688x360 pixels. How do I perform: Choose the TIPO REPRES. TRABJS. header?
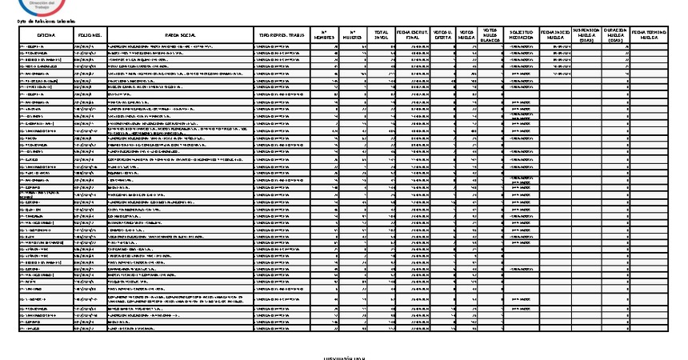[x=280, y=36]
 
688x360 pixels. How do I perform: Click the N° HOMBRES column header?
[x=323, y=36]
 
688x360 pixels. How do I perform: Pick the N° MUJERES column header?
[x=353, y=36]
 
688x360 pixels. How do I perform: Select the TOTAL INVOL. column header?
[x=382, y=36]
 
